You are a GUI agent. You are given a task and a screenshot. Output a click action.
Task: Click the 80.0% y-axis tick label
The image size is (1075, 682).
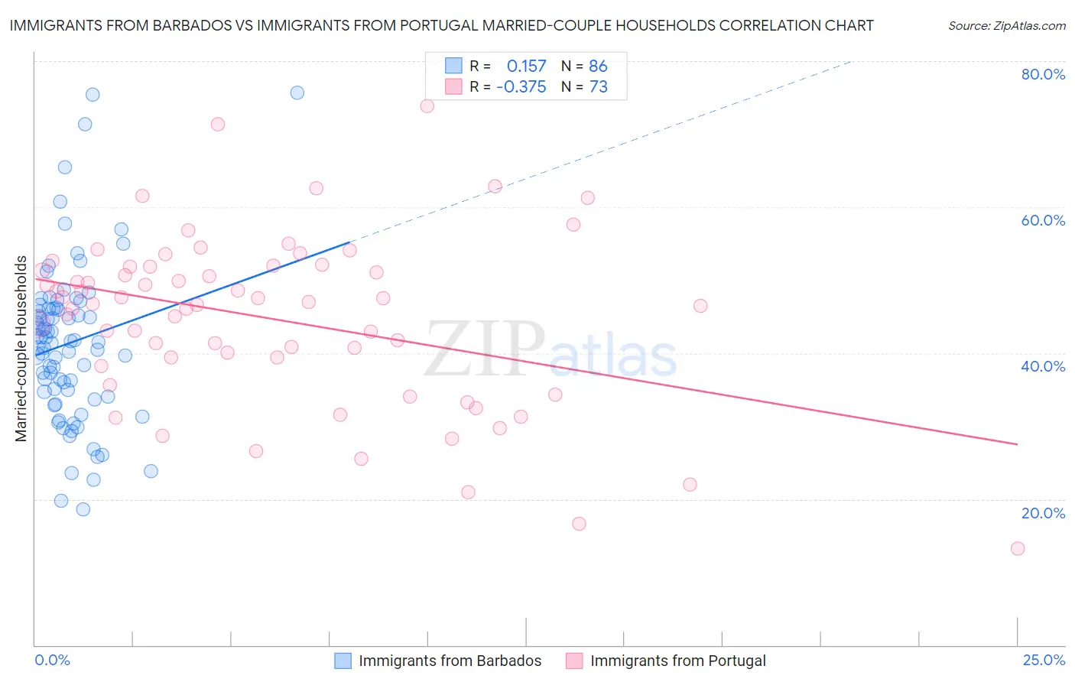[1043, 74]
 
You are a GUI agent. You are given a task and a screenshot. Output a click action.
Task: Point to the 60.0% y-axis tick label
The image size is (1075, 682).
[1043, 220]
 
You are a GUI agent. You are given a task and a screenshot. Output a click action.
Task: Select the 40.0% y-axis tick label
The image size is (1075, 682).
[1043, 366]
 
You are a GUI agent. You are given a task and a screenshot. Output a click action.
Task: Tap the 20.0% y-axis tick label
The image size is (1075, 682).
[1043, 513]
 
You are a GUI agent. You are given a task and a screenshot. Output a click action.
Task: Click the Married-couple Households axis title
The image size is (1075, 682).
[21, 349]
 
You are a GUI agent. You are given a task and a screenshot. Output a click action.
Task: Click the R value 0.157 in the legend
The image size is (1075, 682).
[526, 67]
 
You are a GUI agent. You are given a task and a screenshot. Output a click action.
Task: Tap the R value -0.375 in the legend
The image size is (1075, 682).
[521, 87]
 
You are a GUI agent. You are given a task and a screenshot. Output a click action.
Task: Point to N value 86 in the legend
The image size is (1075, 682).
[598, 67]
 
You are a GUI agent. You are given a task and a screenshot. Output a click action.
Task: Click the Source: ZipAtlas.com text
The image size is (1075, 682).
[1006, 26]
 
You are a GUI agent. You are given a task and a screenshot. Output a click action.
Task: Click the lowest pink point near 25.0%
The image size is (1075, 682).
[1018, 548]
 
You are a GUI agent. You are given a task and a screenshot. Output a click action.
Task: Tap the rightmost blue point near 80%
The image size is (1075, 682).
[297, 93]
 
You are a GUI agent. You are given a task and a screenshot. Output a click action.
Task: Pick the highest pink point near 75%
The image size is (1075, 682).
[427, 106]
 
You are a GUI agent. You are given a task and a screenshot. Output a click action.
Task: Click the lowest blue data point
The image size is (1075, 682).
[83, 509]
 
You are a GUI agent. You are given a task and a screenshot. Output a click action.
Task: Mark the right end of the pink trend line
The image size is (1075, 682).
[1018, 444]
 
